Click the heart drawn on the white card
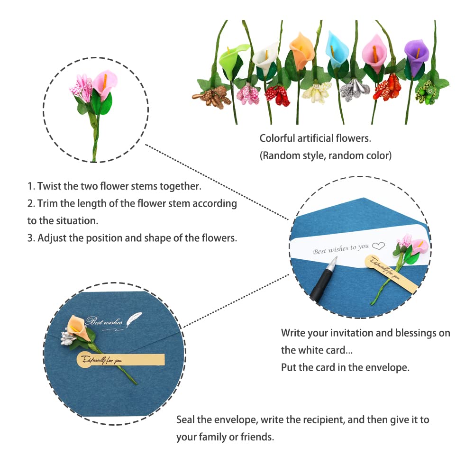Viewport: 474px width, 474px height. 378,246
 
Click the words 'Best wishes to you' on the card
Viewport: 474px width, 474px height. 340,248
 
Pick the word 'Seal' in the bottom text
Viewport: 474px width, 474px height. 186,419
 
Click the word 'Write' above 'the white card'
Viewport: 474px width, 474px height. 294,333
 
